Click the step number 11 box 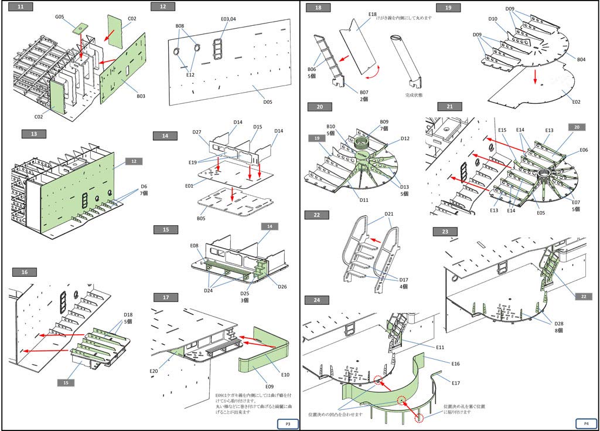click(x=21, y=7)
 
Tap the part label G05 click(x=60, y=17)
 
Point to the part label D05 click(x=268, y=101)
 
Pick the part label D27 click(x=197, y=133)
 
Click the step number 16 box click(x=24, y=272)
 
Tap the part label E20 click(x=153, y=371)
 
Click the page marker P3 click(x=288, y=423)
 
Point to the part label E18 click(x=373, y=14)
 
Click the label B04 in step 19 click(x=581, y=59)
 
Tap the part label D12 click(x=405, y=139)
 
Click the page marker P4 click(x=586, y=423)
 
